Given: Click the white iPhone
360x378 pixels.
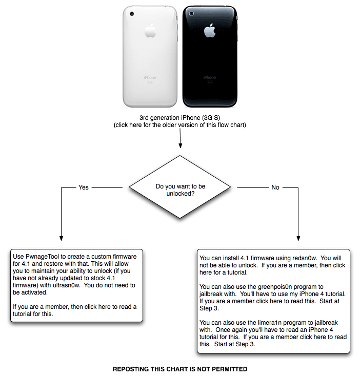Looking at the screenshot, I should click(150, 56).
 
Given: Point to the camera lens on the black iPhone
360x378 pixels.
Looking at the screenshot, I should click(191, 13).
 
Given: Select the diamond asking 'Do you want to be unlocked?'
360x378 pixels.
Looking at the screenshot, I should click(179, 187).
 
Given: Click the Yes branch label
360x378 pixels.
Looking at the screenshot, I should click(83, 187).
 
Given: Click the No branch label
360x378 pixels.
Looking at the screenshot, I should click(275, 187).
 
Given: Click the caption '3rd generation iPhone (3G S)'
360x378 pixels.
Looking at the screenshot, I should click(179, 118).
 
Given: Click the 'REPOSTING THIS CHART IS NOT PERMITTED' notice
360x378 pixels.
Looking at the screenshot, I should click(179, 369).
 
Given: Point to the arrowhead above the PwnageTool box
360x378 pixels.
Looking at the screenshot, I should click(61, 237).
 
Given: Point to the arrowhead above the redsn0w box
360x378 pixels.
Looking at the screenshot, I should click(298, 237).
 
